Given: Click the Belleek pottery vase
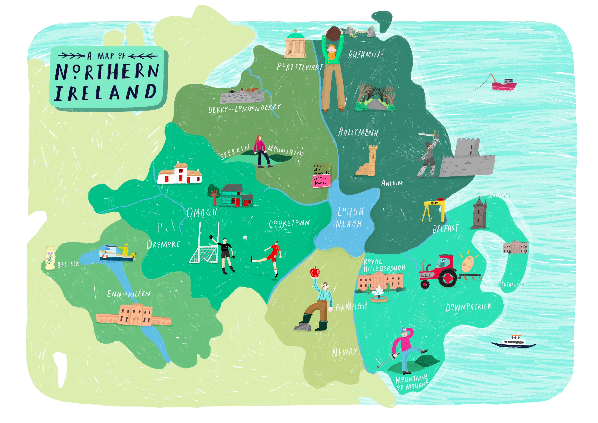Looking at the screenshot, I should click(x=50, y=258).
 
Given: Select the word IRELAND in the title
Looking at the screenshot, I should click(x=105, y=92).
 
